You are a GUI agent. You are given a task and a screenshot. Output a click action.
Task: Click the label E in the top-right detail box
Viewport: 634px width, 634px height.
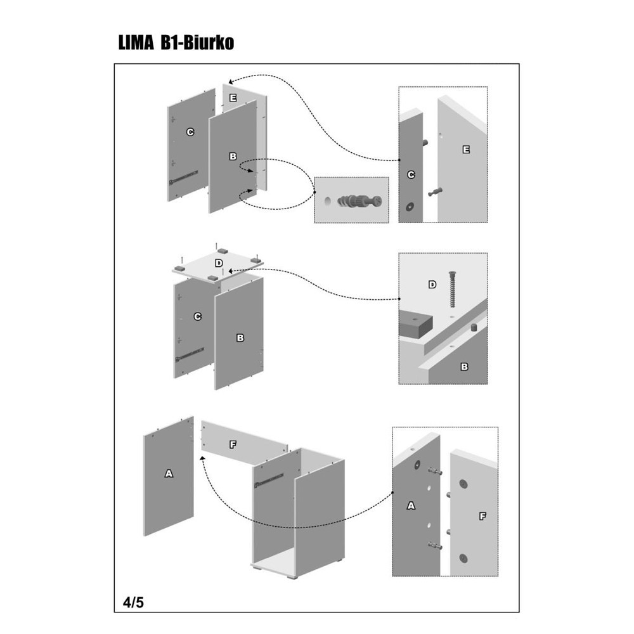[x=466, y=150]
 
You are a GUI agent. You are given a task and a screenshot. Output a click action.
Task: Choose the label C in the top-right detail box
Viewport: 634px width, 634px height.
[x=410, y=174]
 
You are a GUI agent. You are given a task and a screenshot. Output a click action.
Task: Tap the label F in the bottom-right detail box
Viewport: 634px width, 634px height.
[x=482, y=516]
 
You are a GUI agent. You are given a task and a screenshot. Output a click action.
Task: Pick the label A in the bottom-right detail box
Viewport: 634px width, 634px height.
[x=410, y=505]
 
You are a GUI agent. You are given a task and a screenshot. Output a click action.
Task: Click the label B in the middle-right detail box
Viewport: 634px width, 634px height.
[x=463, y=366]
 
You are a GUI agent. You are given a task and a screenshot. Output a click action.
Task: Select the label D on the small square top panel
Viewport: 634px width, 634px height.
[x=219, y=262]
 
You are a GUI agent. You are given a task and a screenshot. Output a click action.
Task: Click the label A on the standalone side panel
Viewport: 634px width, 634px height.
[x=169, y=473]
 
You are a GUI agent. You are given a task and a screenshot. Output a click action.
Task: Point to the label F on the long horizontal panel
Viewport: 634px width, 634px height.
[x=233, y=445]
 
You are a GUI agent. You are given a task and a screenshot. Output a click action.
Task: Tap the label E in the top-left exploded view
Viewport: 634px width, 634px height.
[x=233, y=98]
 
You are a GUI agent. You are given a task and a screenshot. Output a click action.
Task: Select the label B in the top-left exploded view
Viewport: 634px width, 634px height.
[x=233, y=155]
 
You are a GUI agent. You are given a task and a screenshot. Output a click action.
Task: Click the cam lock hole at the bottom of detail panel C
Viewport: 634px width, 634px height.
[x=409, y=206]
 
